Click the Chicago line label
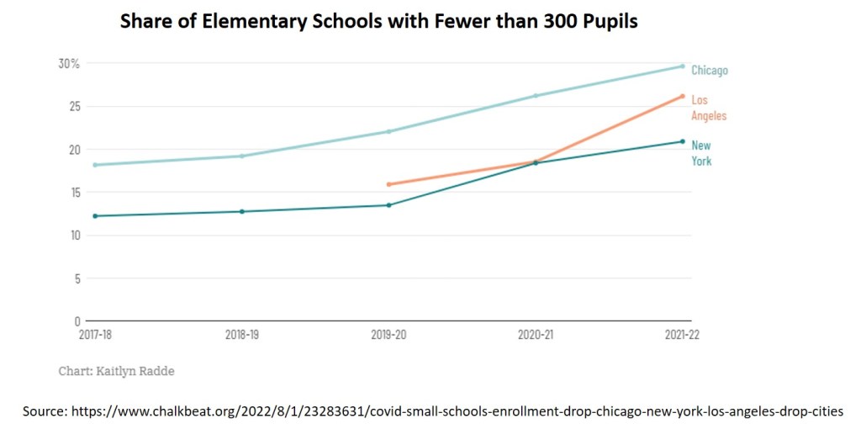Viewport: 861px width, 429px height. [709, 71]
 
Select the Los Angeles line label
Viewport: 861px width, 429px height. [708, 108]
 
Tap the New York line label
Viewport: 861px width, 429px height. [700, 153]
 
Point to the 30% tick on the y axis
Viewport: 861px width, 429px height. [69, 64]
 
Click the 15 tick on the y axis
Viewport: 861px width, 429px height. [74, 193]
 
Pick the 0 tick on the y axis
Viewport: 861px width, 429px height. [77, 321]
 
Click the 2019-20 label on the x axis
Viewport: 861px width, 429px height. [388, 335]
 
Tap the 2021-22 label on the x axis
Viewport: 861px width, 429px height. [681, 335]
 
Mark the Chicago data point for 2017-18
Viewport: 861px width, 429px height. [95, 165]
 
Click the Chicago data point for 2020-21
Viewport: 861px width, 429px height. [536, 96]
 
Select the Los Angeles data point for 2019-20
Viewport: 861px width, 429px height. [388, 184]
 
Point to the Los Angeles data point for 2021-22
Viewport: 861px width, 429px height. [683, 96]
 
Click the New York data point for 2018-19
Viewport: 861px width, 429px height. [242, 211]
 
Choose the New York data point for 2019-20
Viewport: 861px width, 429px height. [388, 205]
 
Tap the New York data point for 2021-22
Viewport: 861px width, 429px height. [683, 141]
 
